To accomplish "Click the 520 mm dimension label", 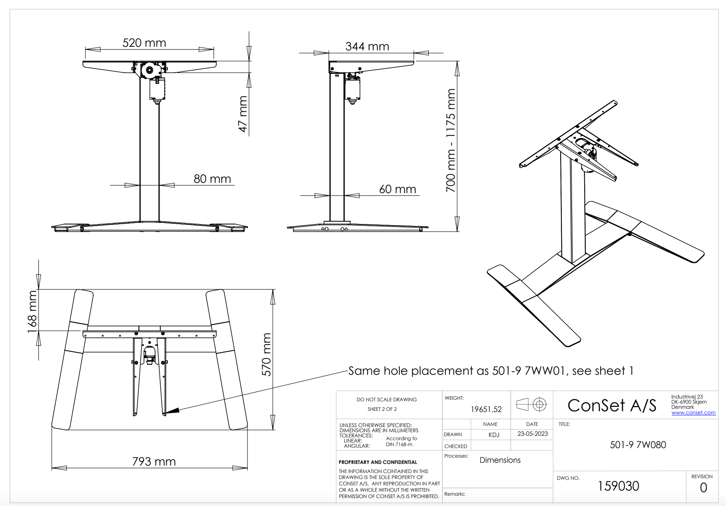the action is click(x=144, y=43).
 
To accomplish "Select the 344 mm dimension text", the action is click(x=367, y=46).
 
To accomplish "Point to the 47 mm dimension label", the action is click(x=243, y=114).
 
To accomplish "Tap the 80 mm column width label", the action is click(x=212, y=179).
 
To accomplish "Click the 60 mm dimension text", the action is click(x=398, y=189).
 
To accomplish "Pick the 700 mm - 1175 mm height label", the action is click(x=451, y=141).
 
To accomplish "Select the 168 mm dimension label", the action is click(x=32, y=312).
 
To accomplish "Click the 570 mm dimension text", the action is click(x=266, y=355).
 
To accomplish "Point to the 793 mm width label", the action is click(x=154, y=462).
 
